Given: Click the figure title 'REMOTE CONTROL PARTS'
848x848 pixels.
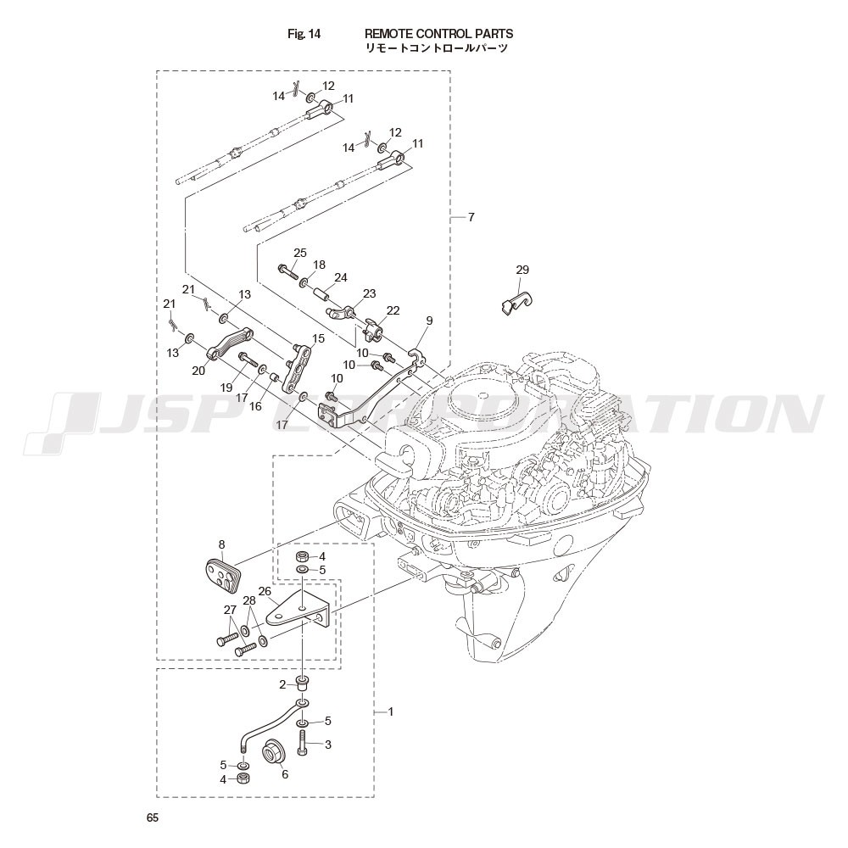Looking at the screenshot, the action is click(438, 34).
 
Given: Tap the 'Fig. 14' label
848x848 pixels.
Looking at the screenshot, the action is click(304, 34).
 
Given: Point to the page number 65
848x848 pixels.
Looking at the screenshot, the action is click(153, 817).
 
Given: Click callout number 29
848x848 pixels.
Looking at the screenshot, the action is click(522, 270).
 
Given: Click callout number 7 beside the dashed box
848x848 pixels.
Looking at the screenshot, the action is click(471, 217).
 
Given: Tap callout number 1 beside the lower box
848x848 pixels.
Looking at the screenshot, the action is click(390, 711).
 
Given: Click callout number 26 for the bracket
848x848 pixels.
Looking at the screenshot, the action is click(265, 592).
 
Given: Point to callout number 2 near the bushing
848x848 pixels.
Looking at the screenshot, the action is click(282, 684).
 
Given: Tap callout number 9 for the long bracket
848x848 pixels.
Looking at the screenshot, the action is click(429, 321).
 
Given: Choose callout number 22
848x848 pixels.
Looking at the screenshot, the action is click(393, 310).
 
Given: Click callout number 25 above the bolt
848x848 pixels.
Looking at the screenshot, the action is click(300, 253).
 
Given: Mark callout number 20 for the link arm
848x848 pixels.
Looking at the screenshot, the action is click(199, 371).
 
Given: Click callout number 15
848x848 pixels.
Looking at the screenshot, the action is click(319, 338).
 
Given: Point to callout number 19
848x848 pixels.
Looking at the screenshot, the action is click(226, 388).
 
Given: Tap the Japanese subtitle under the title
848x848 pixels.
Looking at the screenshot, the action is click(437, 49).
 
